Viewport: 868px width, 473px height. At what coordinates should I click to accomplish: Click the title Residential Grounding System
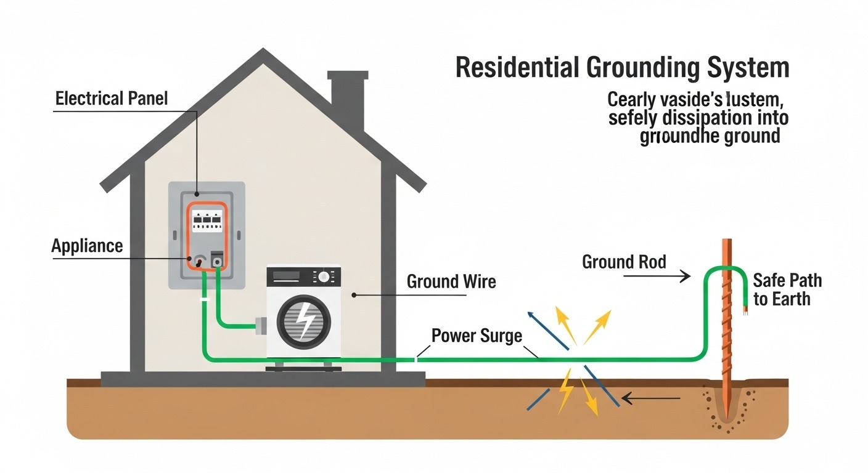coord(622,68)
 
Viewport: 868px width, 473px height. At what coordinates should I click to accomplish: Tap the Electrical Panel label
coord(112,99)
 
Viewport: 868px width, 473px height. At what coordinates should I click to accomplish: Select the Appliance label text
coord(87,246)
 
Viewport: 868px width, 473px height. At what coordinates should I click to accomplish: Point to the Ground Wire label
coord(451,281)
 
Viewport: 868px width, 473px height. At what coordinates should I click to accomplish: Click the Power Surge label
coord(477,336)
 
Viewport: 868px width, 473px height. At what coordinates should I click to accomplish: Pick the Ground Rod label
coord(624,262)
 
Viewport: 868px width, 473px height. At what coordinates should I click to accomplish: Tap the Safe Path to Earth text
coord(787,289)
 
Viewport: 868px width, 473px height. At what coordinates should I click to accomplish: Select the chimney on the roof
coord(348,99)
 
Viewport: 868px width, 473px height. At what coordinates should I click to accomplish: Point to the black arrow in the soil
coord(650,399)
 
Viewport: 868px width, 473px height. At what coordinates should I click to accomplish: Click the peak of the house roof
coord(264,52)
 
